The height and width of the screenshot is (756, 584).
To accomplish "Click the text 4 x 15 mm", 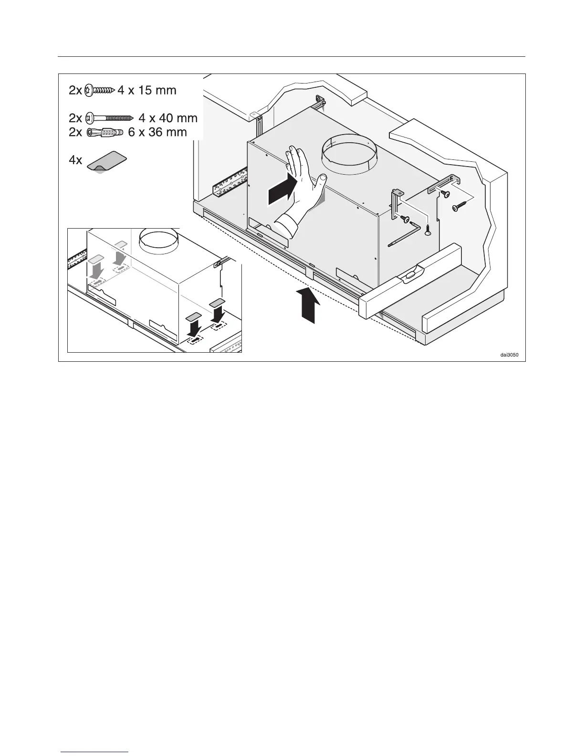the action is click(x=147, y=90).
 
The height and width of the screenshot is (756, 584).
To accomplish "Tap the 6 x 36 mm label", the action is click(x=157, y=132).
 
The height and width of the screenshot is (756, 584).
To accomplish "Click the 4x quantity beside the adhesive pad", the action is click(x=75, y=160).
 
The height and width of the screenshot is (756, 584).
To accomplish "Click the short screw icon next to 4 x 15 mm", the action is click(x=99, y=90).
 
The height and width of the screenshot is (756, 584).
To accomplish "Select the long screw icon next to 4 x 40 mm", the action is click(x=110, y=118).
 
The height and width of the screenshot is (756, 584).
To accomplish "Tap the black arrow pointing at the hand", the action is click(x=281, y=190).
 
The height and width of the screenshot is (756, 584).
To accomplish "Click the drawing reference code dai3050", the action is click(x=509, y=355).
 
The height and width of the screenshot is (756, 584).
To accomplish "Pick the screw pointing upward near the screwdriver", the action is click(x=428, y=231).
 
